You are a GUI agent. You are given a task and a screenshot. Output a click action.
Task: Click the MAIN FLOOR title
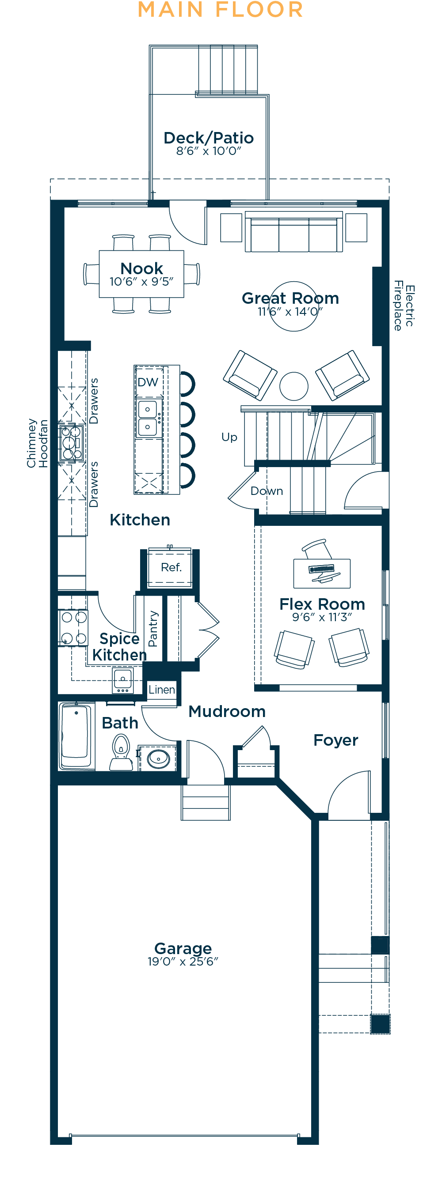[x=221, y=10]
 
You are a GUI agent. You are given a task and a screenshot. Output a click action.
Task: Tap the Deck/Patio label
[x=209, y=138]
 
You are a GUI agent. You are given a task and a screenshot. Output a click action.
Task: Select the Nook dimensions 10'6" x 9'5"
[x=141, y=281]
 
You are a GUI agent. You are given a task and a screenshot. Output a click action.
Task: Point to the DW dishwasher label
[x=148, y=382]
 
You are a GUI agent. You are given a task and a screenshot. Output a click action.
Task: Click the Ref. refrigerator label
[x=171, y=567]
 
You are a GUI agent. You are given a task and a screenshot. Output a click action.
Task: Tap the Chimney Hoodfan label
[x=37, y=443]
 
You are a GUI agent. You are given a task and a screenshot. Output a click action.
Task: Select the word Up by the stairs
[x=229, y=437]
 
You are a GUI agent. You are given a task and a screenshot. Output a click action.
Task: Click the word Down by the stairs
[x=267, y=491]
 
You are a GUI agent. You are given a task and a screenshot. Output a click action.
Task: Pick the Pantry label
[x=153, y=628]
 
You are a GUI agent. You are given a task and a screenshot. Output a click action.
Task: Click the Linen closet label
[x=162, y=690]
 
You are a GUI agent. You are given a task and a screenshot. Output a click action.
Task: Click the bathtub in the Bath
[x=76, y=736]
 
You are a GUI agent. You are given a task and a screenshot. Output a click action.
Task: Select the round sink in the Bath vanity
[x=158, y=758]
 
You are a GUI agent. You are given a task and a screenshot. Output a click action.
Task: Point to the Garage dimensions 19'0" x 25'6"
[x=183, y=961]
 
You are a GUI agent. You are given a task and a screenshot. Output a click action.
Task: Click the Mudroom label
[x=227, y=711]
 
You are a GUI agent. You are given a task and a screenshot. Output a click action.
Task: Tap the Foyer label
[x=335, y=740]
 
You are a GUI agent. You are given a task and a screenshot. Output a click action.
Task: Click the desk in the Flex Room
[x=322, y=573]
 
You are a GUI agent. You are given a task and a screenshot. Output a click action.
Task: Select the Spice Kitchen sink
[x=123, y=680]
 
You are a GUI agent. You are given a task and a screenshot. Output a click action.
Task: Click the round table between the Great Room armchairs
[x=294, y=386]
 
